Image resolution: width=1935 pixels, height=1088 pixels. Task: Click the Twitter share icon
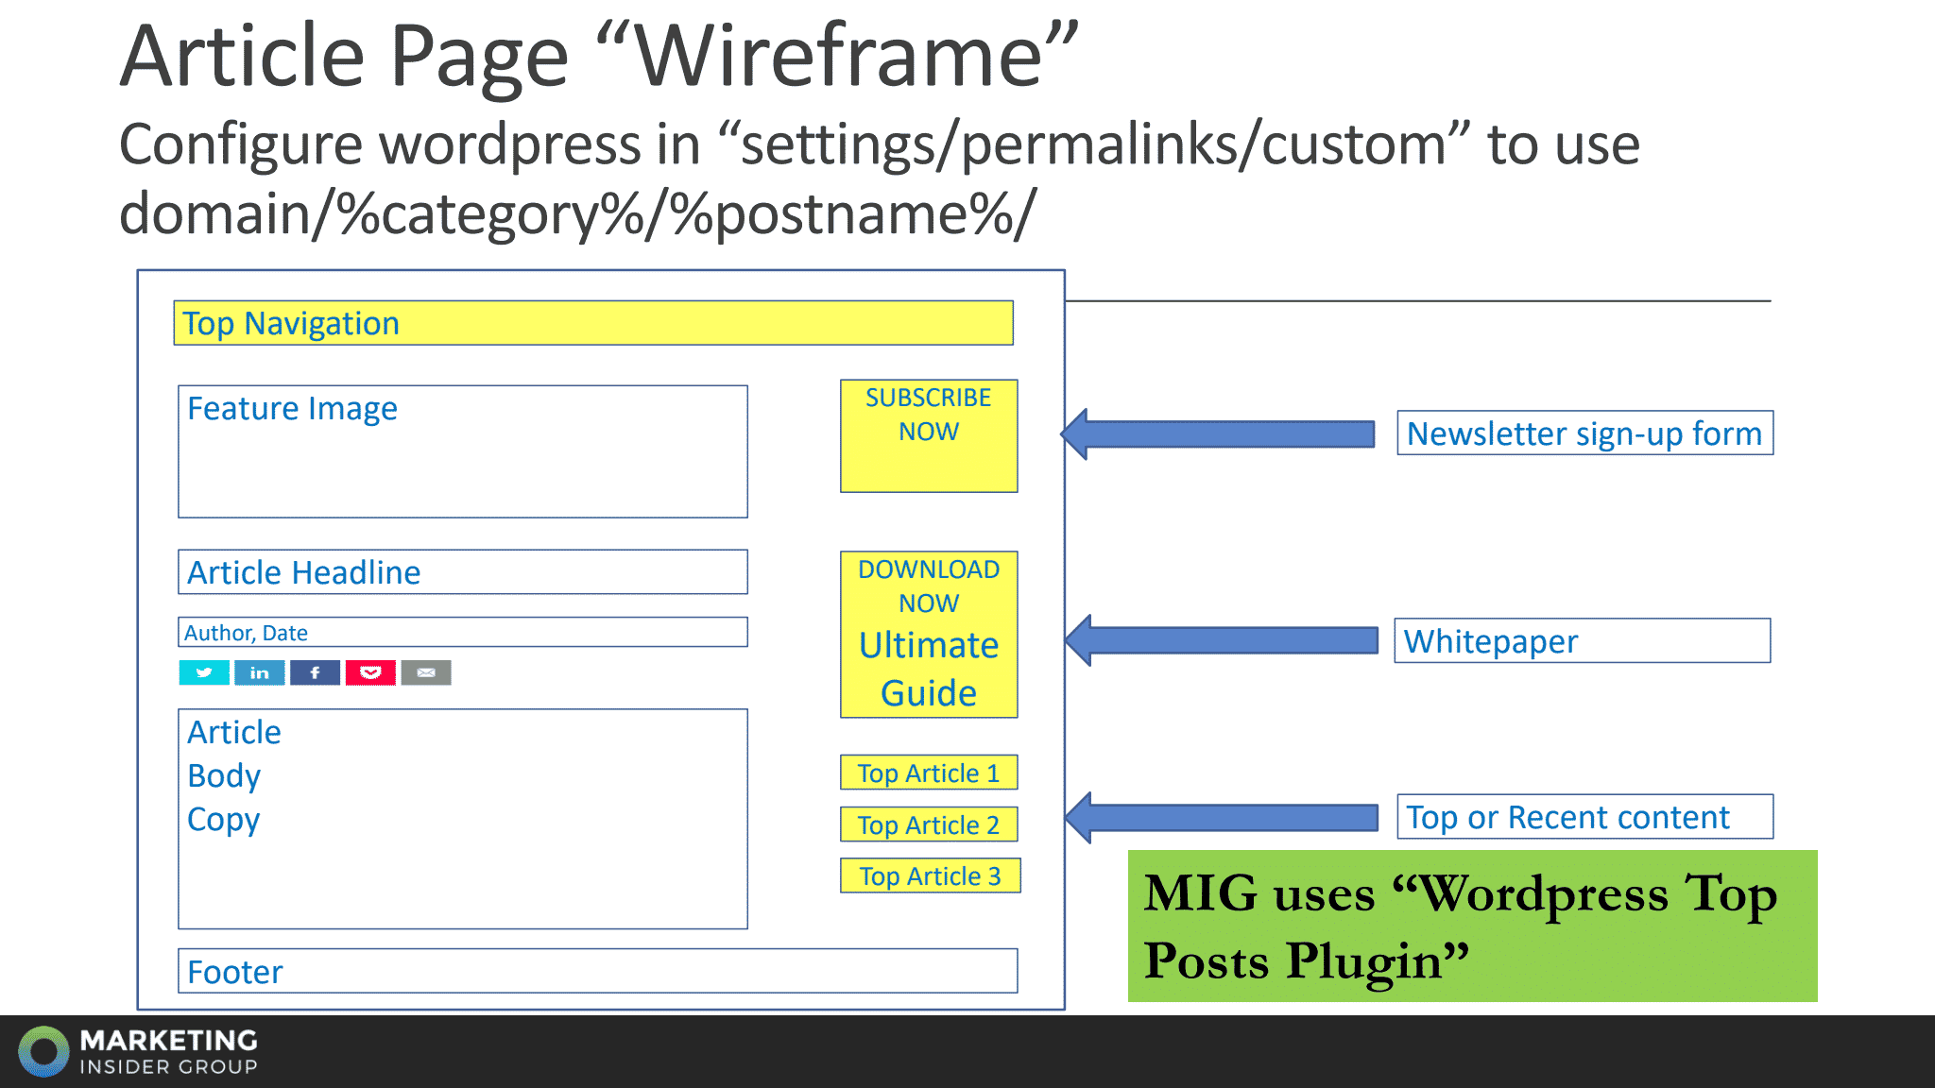[x=204, y=672]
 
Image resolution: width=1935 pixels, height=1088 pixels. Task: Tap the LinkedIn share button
[x=260, y=672]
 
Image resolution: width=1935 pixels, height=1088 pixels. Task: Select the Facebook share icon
[x=315, y=672]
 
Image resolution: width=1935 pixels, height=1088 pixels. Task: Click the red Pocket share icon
[x=370, y=672]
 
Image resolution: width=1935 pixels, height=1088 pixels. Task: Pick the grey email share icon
[x=426, y=672]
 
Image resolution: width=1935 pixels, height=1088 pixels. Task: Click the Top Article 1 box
[x=929, y=773]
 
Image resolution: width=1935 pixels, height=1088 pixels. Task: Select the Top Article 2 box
[x=929, y=824]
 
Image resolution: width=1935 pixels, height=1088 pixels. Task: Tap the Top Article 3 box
[x=930, y=875]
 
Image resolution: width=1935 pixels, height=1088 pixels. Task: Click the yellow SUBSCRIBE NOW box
[x=929, y=435]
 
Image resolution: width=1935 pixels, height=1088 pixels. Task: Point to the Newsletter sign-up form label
[x=1584, y=433]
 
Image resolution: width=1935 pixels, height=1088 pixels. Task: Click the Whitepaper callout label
[x=1582, y=641]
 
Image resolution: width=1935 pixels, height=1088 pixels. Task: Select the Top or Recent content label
[x=1584, y=817]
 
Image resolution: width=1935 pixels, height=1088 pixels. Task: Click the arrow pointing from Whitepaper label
[x=1222, y=640]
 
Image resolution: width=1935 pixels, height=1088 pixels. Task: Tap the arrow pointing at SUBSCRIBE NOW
[x=1218, y=434]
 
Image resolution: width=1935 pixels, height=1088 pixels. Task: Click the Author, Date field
[x=462, y=632]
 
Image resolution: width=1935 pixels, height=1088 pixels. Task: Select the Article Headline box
[x=462, y=572]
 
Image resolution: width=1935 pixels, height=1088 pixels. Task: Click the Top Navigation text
[x=291, y=323]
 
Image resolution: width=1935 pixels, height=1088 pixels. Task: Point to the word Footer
[x=235, y=972]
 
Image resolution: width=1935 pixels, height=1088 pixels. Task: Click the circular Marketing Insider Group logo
[x=43, y=1051]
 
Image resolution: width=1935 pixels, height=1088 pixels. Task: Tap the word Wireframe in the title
[x=839, y=57]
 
